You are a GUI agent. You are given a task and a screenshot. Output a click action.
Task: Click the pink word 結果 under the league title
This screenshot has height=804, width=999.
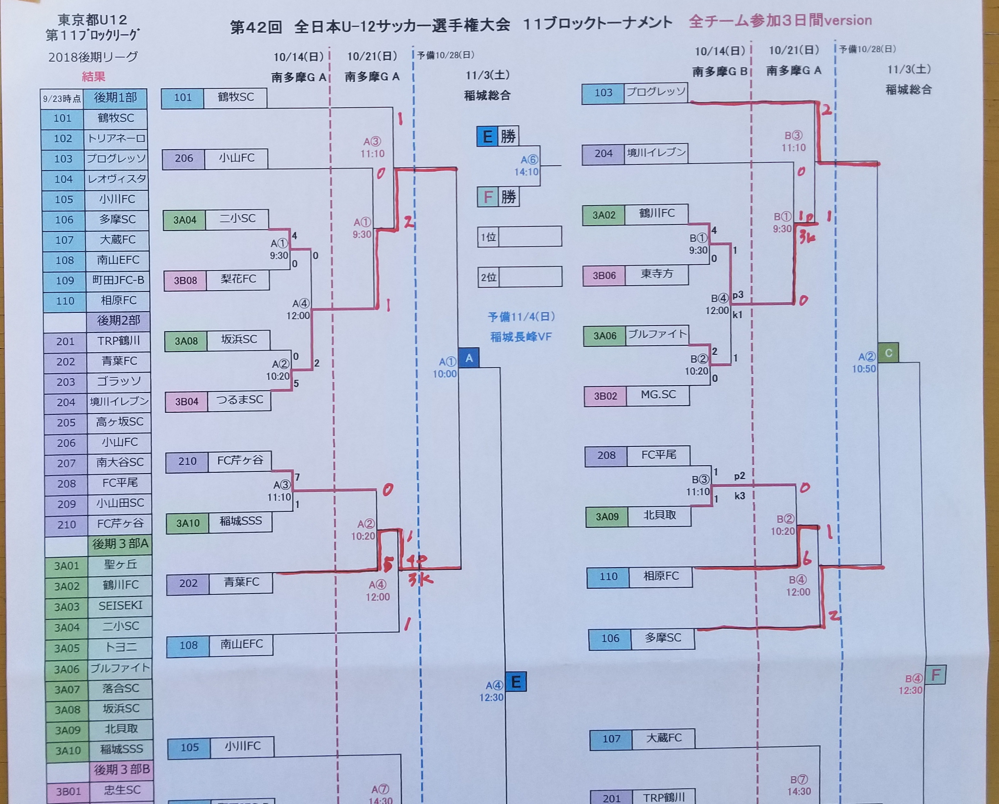94,76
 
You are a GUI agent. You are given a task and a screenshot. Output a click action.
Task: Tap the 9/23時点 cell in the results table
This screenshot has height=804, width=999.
62,99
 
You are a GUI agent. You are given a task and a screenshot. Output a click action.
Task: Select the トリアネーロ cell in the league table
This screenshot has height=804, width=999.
116,139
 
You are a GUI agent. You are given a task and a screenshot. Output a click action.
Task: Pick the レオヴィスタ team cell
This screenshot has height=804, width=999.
117,179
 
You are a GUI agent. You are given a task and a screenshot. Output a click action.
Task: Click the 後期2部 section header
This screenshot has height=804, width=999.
118,320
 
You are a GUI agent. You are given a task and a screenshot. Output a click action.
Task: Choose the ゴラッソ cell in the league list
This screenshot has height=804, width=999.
119,381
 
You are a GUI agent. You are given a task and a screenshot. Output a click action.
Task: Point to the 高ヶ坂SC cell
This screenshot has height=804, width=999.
120,422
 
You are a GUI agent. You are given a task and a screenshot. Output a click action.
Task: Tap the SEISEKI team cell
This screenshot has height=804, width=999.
120,605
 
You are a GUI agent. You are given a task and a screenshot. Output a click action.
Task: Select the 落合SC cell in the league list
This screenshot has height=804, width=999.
121,688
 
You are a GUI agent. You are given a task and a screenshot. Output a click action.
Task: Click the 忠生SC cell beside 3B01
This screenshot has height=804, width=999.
122,790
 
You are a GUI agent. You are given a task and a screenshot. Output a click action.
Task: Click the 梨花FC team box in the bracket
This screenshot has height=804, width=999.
238,280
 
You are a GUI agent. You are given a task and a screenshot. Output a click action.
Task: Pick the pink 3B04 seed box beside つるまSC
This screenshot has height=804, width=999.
186,402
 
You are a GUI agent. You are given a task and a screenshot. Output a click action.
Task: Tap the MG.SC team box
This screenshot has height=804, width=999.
658,395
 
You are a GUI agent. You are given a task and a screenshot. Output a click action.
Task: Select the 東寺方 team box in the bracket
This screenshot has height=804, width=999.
656,275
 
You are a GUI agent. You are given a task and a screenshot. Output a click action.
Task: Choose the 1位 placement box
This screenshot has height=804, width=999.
520,237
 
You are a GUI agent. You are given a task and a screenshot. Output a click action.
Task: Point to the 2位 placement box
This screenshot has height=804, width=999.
520,277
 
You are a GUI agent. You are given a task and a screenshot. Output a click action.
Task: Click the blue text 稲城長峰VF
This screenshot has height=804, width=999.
521,337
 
